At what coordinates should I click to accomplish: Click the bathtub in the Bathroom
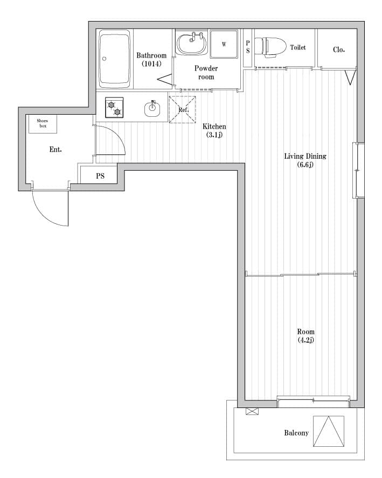[114, 59]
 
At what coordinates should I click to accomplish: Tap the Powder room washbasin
[192, 43]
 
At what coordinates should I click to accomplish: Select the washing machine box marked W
[224, 44]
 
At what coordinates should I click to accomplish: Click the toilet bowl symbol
[270, 47]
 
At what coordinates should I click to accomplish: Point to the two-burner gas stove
[114, 108]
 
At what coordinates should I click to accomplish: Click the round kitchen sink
[152, 109]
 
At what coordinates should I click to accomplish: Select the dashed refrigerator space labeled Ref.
[183, 110]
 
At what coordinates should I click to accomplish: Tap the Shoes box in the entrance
[43, 123]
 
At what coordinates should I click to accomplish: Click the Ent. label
[55, 150]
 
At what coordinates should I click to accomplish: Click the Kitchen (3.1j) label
[214, 130]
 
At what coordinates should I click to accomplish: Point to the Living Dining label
[305, 157]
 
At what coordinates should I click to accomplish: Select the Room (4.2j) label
[305, 336]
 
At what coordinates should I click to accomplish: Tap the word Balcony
[296, 433]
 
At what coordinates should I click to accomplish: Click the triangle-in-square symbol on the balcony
[329, 431]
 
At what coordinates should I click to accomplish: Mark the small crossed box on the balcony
[252, 412]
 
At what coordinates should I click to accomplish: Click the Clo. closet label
[339, 50]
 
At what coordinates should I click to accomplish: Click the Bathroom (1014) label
[151, 59]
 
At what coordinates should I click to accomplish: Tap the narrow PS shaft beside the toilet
[248, 47]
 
